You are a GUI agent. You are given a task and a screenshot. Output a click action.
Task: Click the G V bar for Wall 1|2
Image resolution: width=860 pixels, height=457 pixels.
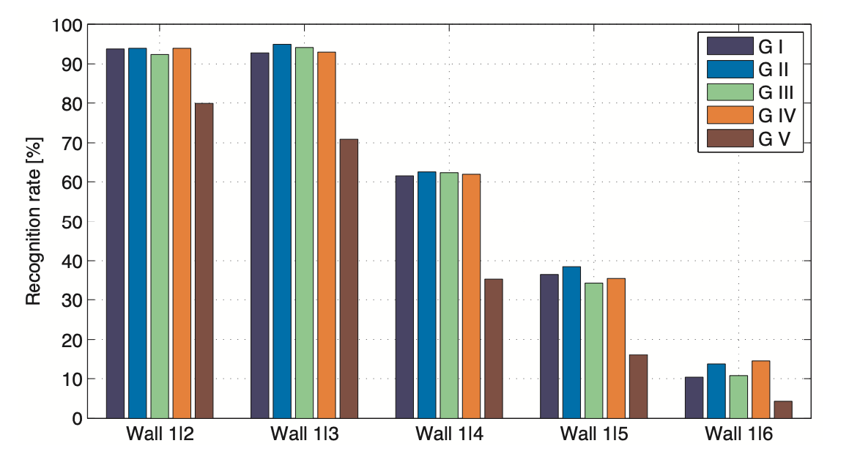(x=204, y=261)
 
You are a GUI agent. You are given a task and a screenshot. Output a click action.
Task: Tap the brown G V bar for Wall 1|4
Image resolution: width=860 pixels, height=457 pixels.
(x=493, y=349)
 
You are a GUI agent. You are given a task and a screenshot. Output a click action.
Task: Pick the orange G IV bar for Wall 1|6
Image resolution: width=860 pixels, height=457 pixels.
(x=761, y=390)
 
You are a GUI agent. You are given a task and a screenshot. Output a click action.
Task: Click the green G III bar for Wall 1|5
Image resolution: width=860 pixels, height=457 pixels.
(x=593, y=351)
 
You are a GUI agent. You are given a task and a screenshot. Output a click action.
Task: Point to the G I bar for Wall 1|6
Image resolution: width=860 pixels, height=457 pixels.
(x=694, y=398)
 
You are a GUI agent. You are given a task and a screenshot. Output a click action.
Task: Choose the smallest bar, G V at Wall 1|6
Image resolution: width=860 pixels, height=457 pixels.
(x=783, y=409)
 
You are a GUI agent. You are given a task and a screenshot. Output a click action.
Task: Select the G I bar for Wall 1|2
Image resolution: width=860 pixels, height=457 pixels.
(x=115, y=234)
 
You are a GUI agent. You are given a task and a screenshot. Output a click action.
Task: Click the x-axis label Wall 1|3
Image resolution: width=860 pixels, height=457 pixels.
(x=304, y=434)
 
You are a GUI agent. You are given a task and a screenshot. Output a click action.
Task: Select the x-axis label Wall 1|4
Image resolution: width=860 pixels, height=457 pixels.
(x=449, y=434)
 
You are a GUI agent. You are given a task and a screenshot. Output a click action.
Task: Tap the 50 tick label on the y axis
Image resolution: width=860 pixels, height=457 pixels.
(x=71, y=222)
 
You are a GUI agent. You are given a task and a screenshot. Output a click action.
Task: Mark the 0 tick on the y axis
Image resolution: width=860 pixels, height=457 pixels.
(x=75, y=419)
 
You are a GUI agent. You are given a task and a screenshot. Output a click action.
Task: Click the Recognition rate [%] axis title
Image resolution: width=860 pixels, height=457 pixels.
(x=34, y=220)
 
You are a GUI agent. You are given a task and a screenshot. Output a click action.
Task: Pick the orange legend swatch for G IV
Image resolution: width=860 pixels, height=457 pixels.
(x=730, y=114)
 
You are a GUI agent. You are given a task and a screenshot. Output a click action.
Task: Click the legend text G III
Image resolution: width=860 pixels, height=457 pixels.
(x=776, y=92)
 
